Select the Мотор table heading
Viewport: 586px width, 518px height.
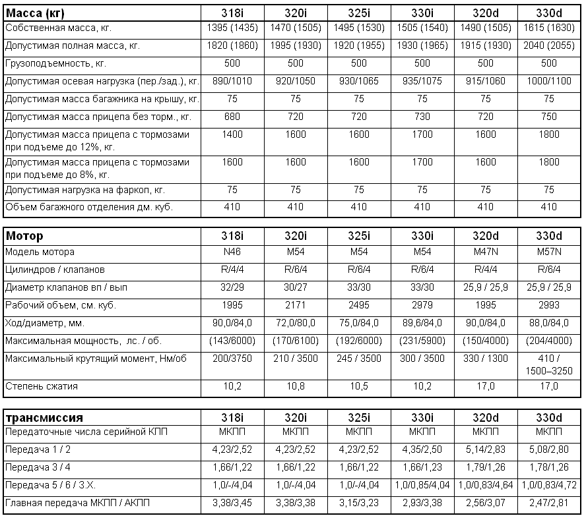(24, 236)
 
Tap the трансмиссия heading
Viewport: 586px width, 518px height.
(44, 418)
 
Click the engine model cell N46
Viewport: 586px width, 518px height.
(232, 252)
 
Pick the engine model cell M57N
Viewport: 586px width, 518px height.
(549, 252)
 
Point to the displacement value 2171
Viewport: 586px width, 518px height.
(295, 305)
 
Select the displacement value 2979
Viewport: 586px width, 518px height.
(422, 305)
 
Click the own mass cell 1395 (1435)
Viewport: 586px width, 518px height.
(232, 29)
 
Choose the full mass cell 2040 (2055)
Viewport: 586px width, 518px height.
(549, 47)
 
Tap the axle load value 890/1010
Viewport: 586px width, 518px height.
(232, 81)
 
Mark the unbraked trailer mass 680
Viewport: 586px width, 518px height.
(232, 116)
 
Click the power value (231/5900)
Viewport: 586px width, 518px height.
(422, 341)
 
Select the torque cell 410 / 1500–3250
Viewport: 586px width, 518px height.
(549, 364)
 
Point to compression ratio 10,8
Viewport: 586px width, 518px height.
(295, 387)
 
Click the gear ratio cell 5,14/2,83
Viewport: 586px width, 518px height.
(486, 449)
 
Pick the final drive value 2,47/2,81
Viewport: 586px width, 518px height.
(549, 503)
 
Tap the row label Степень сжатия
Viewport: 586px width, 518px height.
(41, 387)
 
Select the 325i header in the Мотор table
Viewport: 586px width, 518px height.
(359, 236)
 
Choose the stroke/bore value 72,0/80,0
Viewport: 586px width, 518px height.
(295, 323)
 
